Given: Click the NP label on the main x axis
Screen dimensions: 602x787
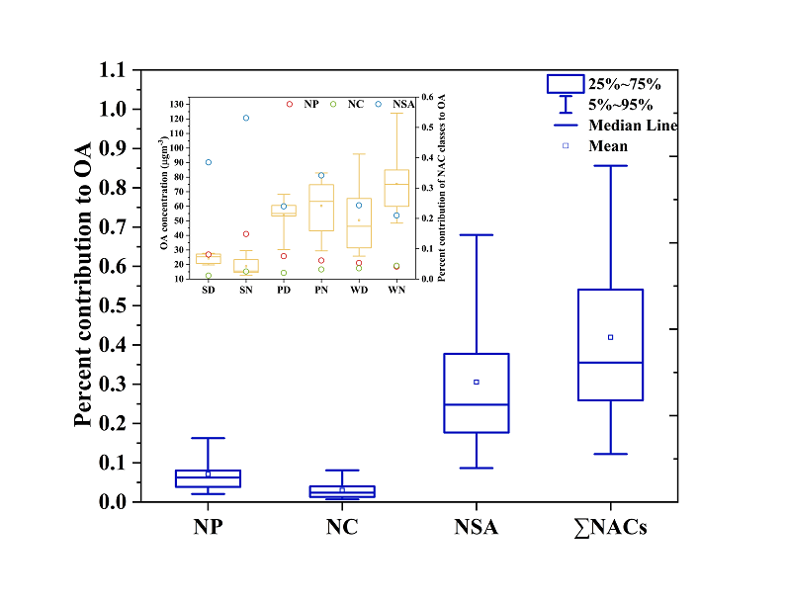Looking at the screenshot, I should point(208,528).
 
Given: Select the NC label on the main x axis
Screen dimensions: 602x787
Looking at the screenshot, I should point(341,528).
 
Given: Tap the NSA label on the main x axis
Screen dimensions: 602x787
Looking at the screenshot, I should point(476,528).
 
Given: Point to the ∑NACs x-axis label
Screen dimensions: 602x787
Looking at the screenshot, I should point(610,528).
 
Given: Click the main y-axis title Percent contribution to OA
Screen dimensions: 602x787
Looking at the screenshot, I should point(83,285).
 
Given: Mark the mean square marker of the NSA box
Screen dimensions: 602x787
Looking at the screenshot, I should point(477,382).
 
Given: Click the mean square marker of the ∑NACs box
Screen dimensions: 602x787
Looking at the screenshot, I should point(610,337).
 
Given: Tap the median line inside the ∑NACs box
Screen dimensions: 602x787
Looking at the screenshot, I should point(610,363).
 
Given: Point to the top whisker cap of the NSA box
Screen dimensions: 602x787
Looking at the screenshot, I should point(477,235).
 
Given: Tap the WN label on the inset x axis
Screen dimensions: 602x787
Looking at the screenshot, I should point(396,291).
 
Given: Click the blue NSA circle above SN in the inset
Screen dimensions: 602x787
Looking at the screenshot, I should point(246,118).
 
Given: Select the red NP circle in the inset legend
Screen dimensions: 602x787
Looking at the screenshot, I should point(290,104).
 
